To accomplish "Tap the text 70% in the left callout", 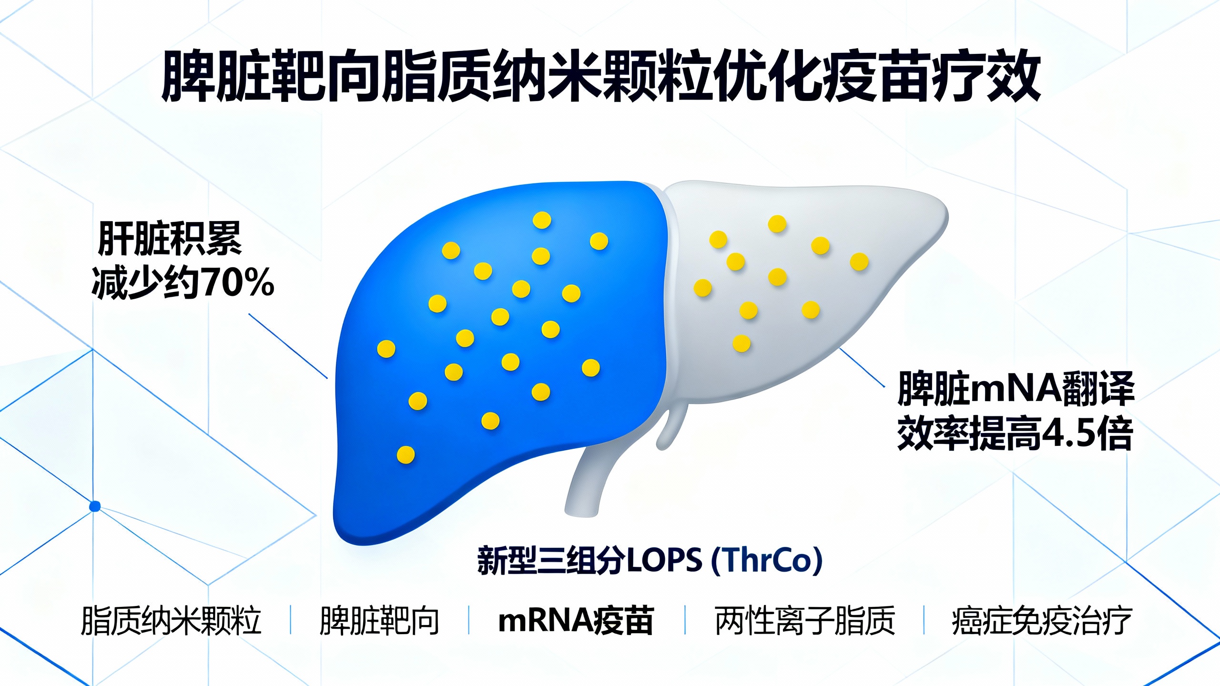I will click(x=239, y=283).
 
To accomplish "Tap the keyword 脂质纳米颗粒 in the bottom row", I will click(x=171, y=621).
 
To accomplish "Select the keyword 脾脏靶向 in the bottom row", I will click(x=379, y=621).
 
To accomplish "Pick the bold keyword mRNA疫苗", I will click(x=576, y=621).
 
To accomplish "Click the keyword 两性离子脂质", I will click(x=805, y=621).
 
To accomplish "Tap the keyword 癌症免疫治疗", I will click(x=1042, y=621).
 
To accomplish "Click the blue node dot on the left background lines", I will click(x=95, y=506).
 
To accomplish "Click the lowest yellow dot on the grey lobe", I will click(x=741, y=343).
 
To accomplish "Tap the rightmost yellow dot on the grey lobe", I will click(x=859, y=262).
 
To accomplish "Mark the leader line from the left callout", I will click(x=288, y=346).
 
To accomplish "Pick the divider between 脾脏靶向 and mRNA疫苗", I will click(x=469, y=620).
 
